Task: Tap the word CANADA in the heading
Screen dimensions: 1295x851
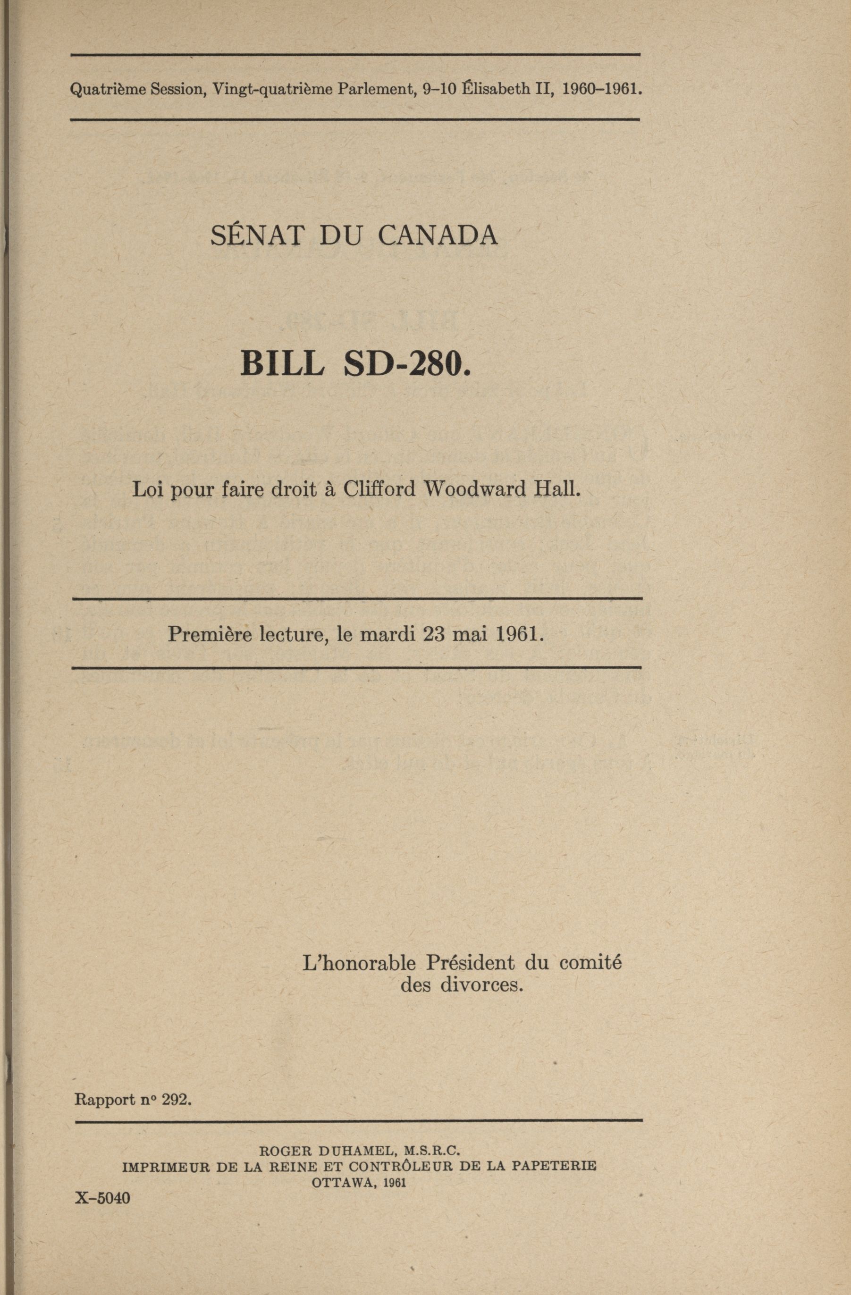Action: click(x=438, y=235)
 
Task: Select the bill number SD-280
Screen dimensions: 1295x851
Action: click(x=407, y=364)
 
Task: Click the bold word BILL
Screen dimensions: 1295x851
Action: click(x=282, y=364)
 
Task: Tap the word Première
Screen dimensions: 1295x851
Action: click(x=206, y=633)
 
